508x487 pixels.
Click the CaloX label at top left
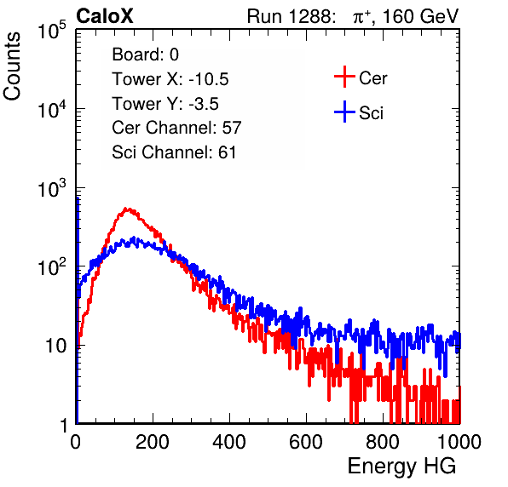pos(105,16)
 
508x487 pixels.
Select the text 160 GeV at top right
pos(420,16)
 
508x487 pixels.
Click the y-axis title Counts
pos(12,66)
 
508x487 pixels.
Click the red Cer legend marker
pos(344,77)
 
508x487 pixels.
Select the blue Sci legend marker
pos(344,112)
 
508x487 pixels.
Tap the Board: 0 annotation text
pos(146,54)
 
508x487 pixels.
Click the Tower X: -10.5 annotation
pos(170,79)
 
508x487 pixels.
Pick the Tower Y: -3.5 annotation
pos(165,104)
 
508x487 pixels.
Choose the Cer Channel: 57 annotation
pos(177,128)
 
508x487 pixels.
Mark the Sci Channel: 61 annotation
pos(174,152)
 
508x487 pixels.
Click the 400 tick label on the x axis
pos(229,442)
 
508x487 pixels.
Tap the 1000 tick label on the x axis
pos(459,442)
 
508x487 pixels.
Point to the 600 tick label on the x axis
pos(306,442)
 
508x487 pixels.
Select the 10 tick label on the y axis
pos(55,346)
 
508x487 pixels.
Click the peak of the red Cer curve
pos(127,209)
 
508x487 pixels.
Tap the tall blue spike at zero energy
pos(78,310)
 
